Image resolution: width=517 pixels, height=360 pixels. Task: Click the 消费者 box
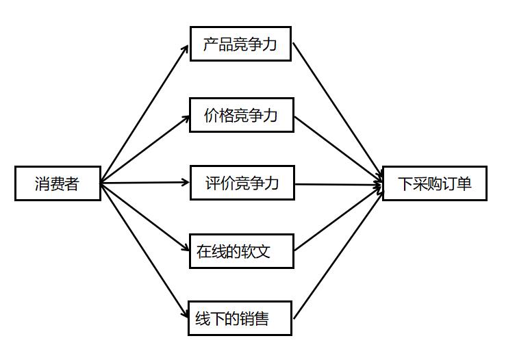click(58, 183)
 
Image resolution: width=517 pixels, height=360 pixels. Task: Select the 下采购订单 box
click(434, 183)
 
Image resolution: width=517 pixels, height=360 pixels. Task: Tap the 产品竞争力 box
click(240, 44)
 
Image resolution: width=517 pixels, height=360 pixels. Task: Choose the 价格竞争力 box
click(242, 115)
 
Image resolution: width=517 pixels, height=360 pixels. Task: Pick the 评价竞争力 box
click(242, 183)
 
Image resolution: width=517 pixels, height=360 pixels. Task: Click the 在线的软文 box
click(241, 251)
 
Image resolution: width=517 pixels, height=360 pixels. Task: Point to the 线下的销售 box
click(240, 318)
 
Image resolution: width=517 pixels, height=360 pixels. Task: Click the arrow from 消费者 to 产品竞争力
click(144, 114)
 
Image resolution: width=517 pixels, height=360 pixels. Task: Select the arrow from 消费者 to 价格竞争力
click(144, 149)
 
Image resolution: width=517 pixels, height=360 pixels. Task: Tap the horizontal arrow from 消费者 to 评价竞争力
click(144, 183)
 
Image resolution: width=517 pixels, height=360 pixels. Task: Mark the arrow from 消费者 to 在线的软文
click(144, 217)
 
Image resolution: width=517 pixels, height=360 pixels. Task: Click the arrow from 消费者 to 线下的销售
click(144, 250)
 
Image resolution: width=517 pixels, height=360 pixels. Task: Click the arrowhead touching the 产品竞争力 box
click(186, 49)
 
